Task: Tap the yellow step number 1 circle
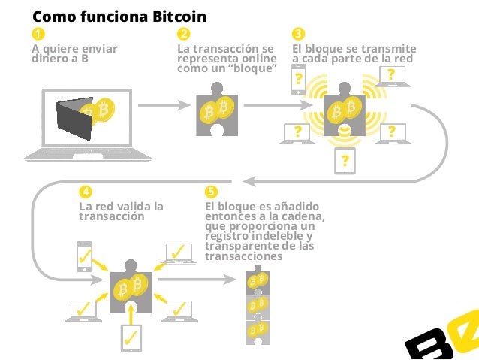tap(37, 35)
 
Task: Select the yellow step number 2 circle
tap(183, 35)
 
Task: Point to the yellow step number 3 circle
tap(298, 35)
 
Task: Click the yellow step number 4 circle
tap(86, 191)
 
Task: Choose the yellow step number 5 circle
tap(211, 191)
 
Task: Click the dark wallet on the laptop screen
tap(76, 119)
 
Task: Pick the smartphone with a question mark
tap(299, 78)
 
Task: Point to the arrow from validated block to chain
tap(196, 279)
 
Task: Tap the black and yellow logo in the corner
tap(444, 339)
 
